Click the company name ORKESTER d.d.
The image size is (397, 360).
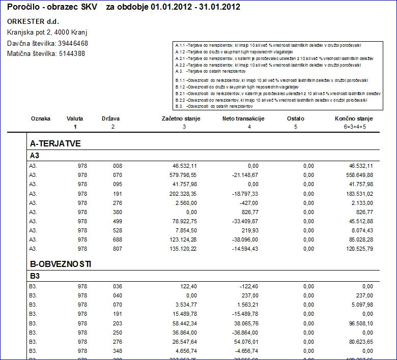(33, 21)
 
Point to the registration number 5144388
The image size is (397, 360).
(72, 53)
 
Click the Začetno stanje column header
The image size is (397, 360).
(181, 118)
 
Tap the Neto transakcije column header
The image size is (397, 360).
(243, 118)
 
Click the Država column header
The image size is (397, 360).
(110, 118)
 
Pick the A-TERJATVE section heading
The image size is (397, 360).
(55, 143)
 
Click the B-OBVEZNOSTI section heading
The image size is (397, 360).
(61, 264)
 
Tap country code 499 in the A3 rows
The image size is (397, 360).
(118, 221)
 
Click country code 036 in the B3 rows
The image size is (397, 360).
(118, 286)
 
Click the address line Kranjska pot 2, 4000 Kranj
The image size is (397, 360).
(47, 32)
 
